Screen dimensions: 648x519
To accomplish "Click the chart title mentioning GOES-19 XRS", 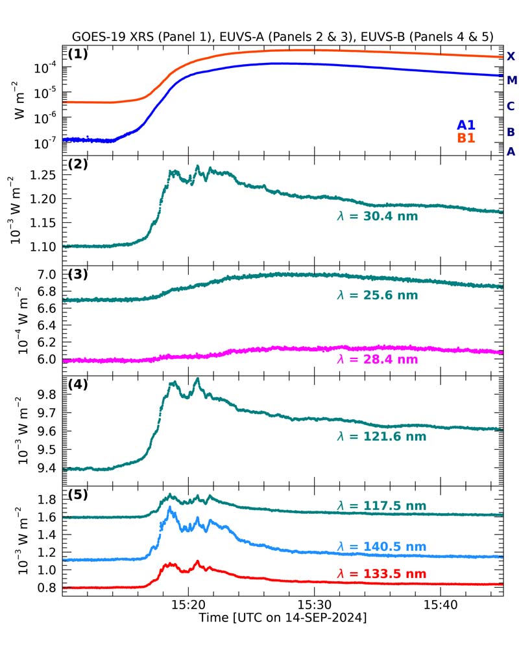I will [x=284, y=37].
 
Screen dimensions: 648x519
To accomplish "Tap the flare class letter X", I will [x=511, y=57].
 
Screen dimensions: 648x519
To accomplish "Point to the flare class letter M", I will [x=511, y=80].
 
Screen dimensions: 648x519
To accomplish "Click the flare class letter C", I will [x=511, y=106].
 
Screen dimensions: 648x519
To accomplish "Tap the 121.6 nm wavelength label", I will [x=381, y=437].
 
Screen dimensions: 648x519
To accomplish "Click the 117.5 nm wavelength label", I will [x=381, y=505].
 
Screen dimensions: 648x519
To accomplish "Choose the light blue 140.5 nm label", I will [x=381, y=547].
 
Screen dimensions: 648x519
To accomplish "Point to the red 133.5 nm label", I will [x=381, y=573].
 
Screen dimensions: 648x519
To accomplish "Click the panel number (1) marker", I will [x=77, y=54].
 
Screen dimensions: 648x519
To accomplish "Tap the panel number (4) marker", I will [x=77, y=383].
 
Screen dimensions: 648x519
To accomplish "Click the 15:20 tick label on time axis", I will [x=188, y=605].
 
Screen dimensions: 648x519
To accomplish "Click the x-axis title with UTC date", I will [x=283, y=619].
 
